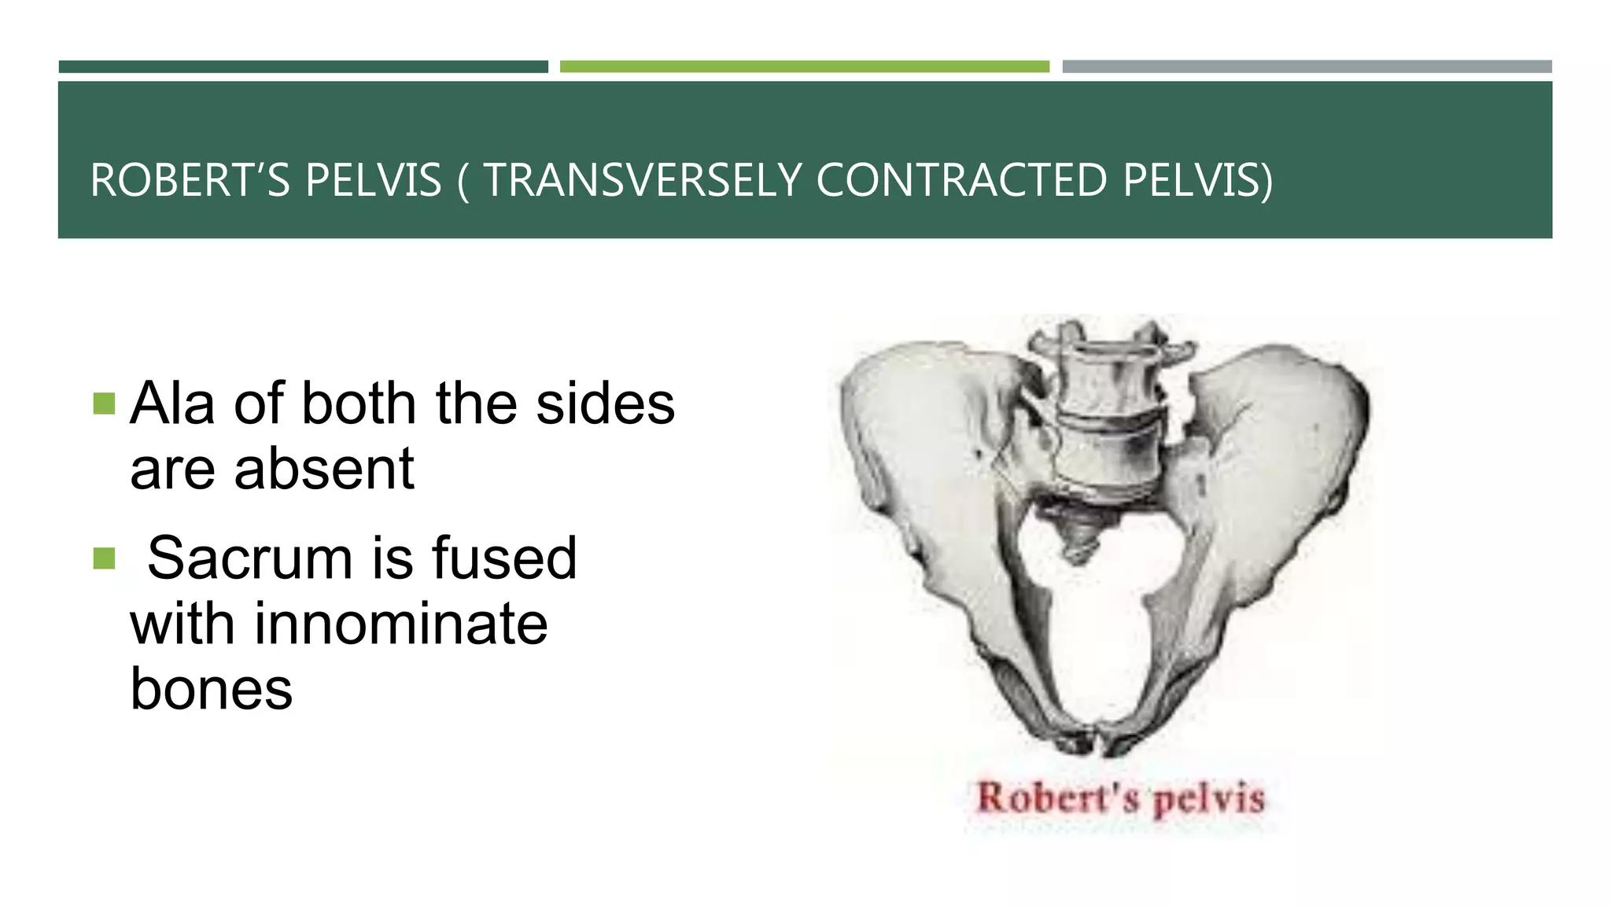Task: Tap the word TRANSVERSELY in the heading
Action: [643, 180]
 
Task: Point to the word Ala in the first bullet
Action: [172, 403]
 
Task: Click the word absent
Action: [323, 469]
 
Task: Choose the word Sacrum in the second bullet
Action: [249, 558]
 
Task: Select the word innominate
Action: [400, 624]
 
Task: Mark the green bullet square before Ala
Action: [104, 404]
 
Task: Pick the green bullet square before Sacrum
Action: [104, 558]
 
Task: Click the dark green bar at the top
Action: [303, 67]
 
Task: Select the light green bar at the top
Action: [804, 67]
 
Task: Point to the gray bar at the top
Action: [1307, 67]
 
